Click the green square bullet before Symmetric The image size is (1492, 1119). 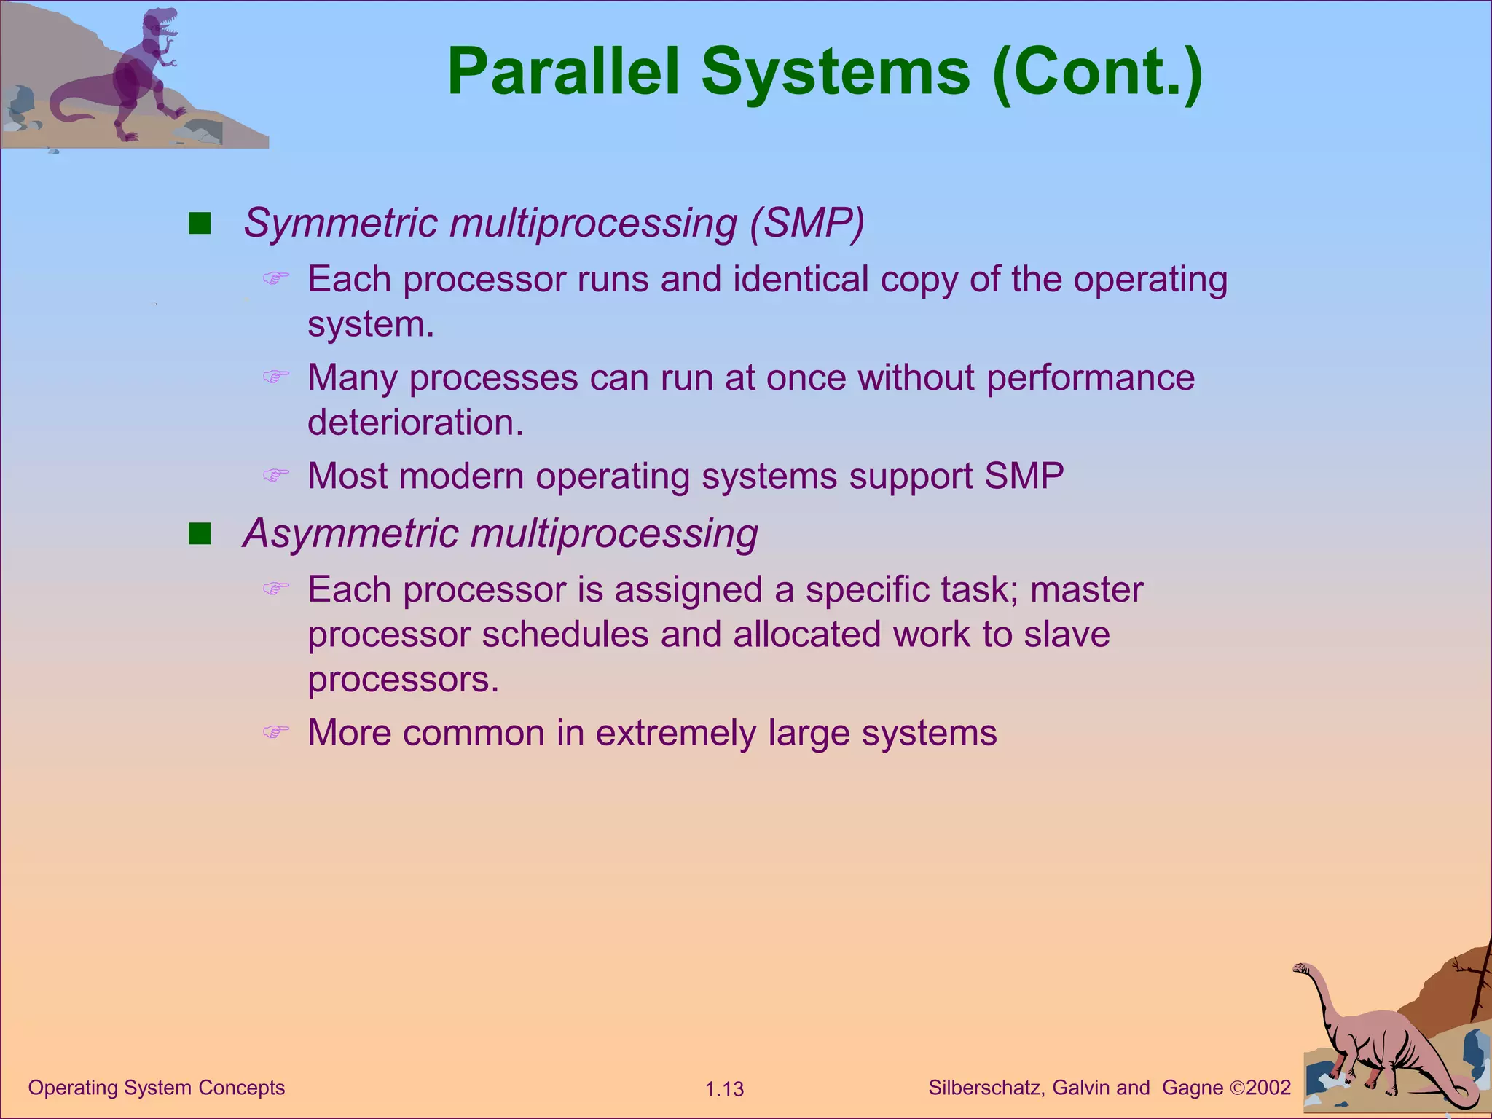pyautogui.click(x=199, y=223)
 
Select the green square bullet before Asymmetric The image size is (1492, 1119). pyautogui.click(x=199, y=534)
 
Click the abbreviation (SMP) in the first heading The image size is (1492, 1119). pyautogui.click(x=807, y=223)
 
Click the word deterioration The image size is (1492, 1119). pyautogui.click(x=415, y=423)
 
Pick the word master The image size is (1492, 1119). pyautogui.click(x=1086, y=590)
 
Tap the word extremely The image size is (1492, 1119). pyautogui.click(x=675, y=733)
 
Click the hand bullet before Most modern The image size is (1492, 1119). pyautogui.click(x=275, y=476)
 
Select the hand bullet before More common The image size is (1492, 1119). pyautogui.click(x=275, y=731)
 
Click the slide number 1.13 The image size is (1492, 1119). pyautogui.click(x=724, y=1089)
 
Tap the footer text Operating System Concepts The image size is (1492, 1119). pyautogui.click(x=156, y=1088)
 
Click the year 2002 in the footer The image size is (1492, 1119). pyautogui.click(x=1268, y=1088)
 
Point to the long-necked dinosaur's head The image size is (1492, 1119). pyautogui.click(x=1301, y=969)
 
